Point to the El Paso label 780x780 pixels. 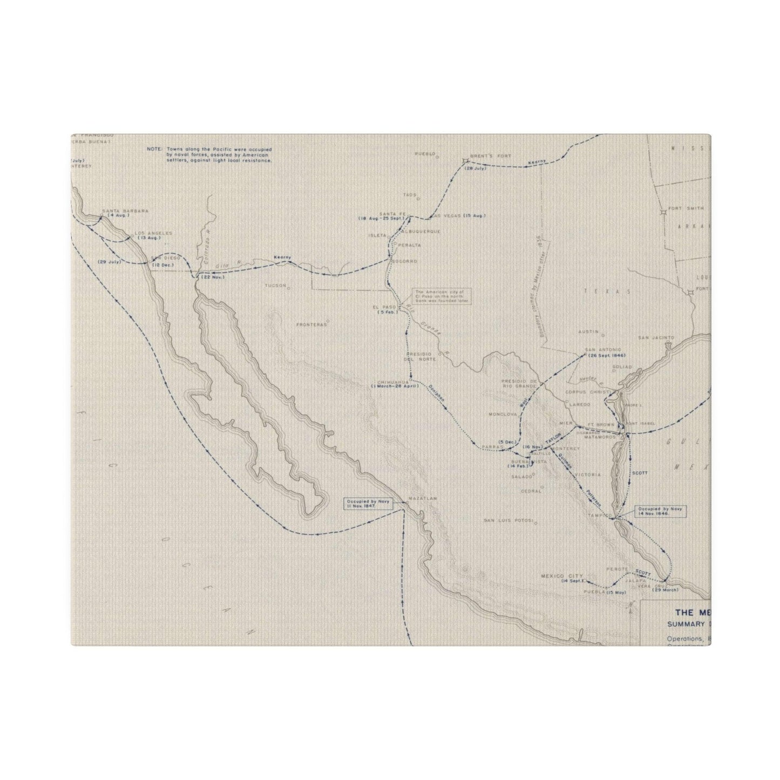pyautogui.click(x=385, y=307)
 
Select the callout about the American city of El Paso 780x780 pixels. pyautogui.click(x=442, y=296)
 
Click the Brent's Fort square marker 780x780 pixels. pyautogui.click(x=465, y=160)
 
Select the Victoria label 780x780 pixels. pyautogui.click(x=588, y=474)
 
